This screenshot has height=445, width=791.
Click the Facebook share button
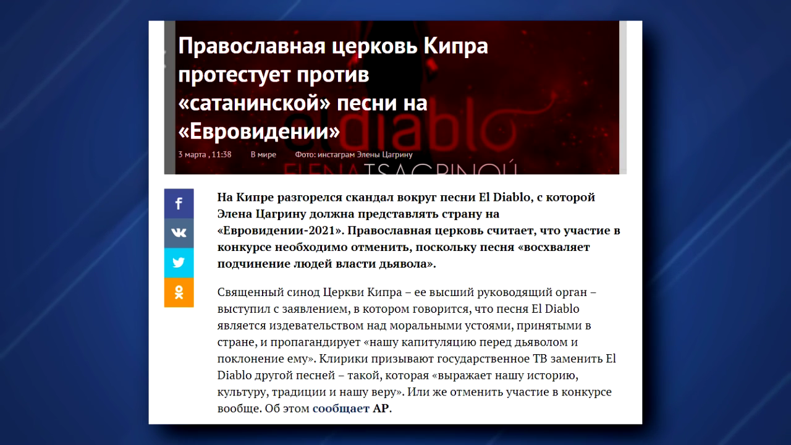179,203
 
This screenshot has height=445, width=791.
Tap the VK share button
179,233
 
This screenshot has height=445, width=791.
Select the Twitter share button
179,263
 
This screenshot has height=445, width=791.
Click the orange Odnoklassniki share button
179,292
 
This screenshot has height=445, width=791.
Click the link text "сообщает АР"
351,409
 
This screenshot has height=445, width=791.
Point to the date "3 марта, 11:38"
205,155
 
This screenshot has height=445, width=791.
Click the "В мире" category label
263,155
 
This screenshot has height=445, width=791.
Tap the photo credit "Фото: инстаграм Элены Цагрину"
354,155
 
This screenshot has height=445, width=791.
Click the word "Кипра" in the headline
455,46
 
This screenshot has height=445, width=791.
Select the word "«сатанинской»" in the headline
254,103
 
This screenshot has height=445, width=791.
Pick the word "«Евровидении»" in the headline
259,132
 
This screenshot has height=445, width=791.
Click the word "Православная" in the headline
252,46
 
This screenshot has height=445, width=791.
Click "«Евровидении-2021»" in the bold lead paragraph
281,231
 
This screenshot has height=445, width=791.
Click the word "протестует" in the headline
234,75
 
